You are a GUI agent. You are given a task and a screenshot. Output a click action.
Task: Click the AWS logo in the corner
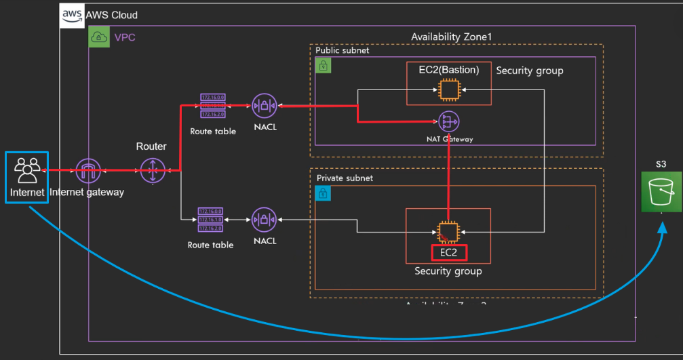point(73,15)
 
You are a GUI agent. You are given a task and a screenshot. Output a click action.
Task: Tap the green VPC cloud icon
point(99,37)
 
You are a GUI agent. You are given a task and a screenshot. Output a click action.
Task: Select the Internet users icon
point(27,169)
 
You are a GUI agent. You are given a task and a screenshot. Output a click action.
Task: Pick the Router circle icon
point(153,171)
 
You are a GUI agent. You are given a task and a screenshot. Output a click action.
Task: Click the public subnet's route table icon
point(213,106)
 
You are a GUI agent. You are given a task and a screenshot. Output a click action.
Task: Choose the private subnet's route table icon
point(212,220)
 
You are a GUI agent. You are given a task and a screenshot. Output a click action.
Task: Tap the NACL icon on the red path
point(264,106)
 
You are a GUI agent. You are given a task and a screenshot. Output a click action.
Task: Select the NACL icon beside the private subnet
point(264,220)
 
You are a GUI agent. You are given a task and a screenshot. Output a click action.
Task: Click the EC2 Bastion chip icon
point(448,89)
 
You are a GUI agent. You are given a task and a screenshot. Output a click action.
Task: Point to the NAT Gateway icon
point(448,121)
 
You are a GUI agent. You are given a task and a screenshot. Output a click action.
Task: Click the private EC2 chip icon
point(448,232)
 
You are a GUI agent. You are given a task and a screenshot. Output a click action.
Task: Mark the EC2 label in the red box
point(450,253)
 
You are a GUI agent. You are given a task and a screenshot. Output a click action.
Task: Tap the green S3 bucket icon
point(661,192)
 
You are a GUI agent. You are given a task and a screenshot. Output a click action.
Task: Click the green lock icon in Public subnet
point(324,65)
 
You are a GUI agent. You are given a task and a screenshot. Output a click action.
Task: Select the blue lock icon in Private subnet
point(324,193)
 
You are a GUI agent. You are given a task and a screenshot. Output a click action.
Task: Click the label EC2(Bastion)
point(449,70)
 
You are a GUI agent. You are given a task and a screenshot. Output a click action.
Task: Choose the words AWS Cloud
point(111,15)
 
